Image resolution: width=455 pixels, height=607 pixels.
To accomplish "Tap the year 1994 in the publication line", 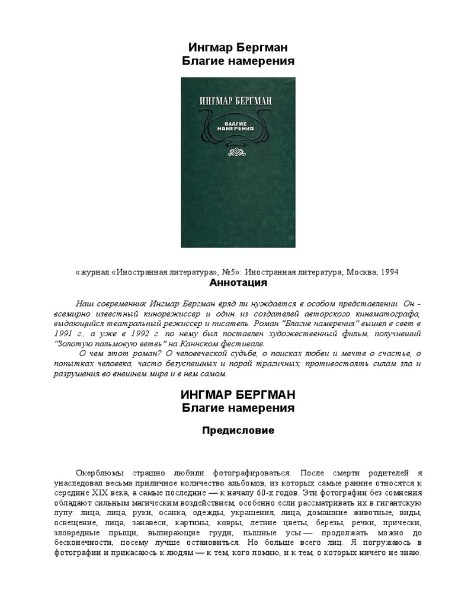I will [388, 272].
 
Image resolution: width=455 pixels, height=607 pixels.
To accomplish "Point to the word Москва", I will [355, 272].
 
